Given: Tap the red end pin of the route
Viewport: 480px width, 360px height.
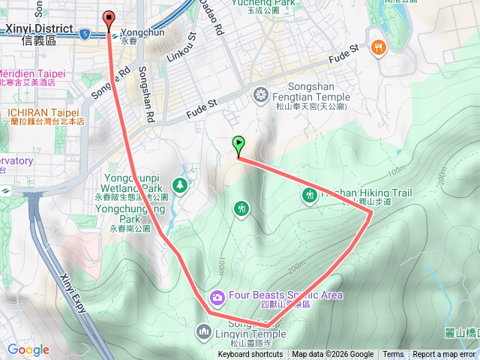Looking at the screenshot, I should pos(109,19).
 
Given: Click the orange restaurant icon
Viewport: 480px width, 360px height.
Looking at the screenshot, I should pos(377,46).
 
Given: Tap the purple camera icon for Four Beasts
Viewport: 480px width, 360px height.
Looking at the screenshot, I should pos(217,298).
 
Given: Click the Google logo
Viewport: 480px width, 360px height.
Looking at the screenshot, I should pos(28,349).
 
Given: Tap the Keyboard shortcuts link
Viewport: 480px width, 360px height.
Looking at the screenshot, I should pos(250,355).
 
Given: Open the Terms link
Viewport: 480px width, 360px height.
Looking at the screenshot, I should pos(393,355).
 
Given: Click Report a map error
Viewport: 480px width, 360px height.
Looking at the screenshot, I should pos(444,355).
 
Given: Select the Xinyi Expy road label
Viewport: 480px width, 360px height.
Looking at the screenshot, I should pos(76,295).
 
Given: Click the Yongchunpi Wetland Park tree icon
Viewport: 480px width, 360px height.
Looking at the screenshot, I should pos(180,184).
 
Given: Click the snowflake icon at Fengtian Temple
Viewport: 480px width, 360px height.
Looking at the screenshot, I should pos(260,94).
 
